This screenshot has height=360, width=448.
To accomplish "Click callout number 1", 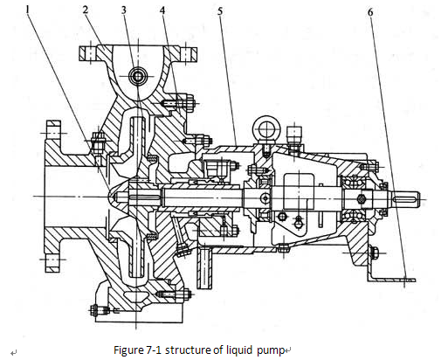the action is click(x=28, y=10).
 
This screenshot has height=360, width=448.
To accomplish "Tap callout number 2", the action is click(x=86, y=10).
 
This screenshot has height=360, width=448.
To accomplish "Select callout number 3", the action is click(x=124, y=10).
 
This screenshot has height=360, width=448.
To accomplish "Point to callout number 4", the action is click(x=162, y=10).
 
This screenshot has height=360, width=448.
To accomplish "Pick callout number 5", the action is click(x=220, y=11).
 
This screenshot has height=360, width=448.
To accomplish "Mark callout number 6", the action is click(x=370, y=12).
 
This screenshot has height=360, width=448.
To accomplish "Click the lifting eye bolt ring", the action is click(x=266, y=128).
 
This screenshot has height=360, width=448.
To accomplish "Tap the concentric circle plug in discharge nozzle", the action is click(x=137, y=77).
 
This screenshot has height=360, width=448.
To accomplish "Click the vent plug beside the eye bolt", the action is click(x=294, y=135).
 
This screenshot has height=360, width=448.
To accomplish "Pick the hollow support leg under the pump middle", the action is click(x=204, y=267).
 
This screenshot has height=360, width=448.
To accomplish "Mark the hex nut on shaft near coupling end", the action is click(x=362, y=199).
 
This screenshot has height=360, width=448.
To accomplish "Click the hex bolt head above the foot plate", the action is click(x=375, y=253).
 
